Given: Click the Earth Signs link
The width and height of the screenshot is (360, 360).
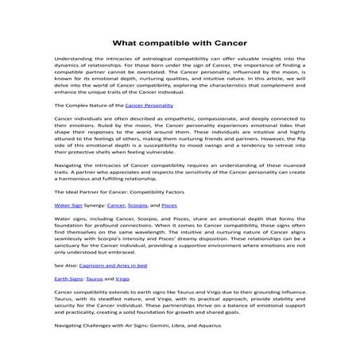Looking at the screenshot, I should click(65, 280).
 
